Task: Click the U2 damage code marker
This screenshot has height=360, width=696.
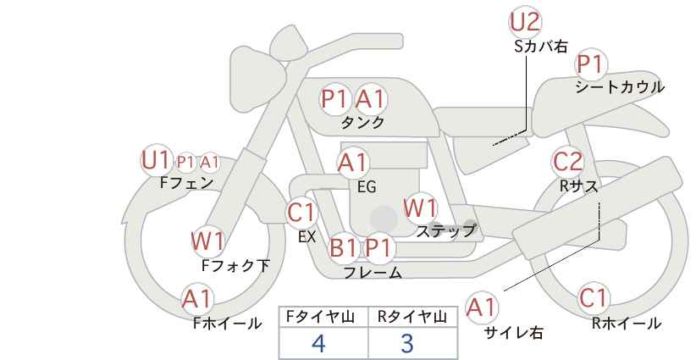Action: (525, 22)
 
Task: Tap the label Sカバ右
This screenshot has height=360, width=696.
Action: (541, 47)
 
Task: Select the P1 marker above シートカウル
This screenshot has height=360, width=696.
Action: (590, 65)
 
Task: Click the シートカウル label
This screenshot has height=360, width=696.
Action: (619, 87)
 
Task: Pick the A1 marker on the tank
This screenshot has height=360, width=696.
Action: (371, 99)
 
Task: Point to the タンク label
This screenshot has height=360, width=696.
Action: (362, 122)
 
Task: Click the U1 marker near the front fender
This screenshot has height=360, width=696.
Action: (156, 160)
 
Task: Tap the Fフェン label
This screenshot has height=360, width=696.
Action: (186, 182)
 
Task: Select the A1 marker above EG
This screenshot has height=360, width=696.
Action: (353, 163)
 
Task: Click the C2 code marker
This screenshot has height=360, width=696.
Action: (567, 162)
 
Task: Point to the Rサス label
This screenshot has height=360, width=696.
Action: (578, 186)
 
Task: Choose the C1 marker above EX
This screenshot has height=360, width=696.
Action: (301, 213)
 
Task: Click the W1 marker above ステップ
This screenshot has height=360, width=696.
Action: (420, 208)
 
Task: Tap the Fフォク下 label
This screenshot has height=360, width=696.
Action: (235, 265)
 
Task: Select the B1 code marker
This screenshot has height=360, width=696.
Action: (344, 247)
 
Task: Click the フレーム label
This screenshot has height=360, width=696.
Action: (373, 272)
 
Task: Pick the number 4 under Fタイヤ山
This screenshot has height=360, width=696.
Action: (318, 343)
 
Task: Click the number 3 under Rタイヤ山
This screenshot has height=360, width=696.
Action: (406, 343)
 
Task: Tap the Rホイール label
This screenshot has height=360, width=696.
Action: (627, 324)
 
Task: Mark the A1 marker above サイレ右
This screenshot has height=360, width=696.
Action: (482, 307)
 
